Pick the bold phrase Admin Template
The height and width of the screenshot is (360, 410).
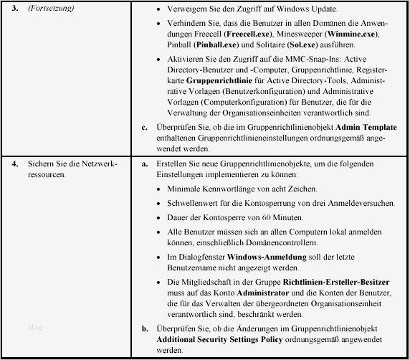coord(358,127)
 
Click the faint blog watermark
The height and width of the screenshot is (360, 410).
coord(36,328)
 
